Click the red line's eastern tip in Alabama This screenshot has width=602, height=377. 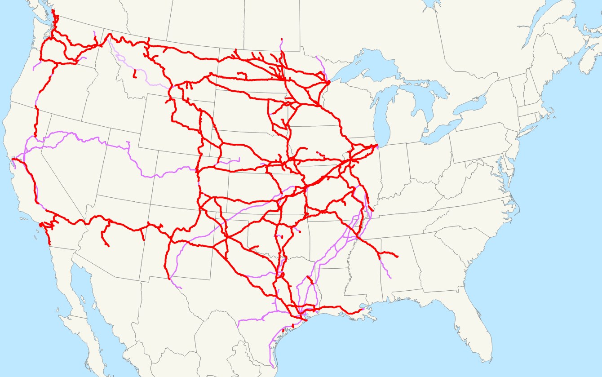point(398,257)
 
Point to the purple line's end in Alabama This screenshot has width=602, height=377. point(390,278)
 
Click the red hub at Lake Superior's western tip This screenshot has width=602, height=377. point(328,82)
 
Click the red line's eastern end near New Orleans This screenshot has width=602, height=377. point(363,309)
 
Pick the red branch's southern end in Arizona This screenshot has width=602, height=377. point(108,246)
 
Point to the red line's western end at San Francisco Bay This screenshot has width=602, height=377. point(13,159)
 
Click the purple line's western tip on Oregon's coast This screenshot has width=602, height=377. point(34,70)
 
